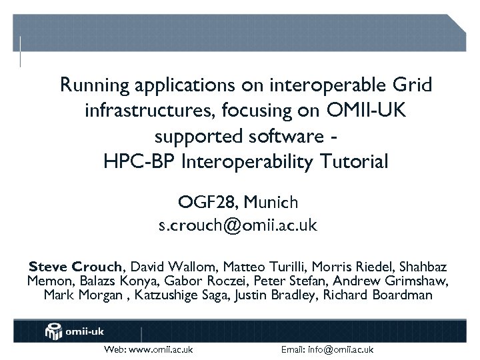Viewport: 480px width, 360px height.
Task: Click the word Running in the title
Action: pos(94,86)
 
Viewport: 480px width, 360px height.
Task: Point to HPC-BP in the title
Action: pos(133,162)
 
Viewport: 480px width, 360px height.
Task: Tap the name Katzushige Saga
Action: pos(181,295)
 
